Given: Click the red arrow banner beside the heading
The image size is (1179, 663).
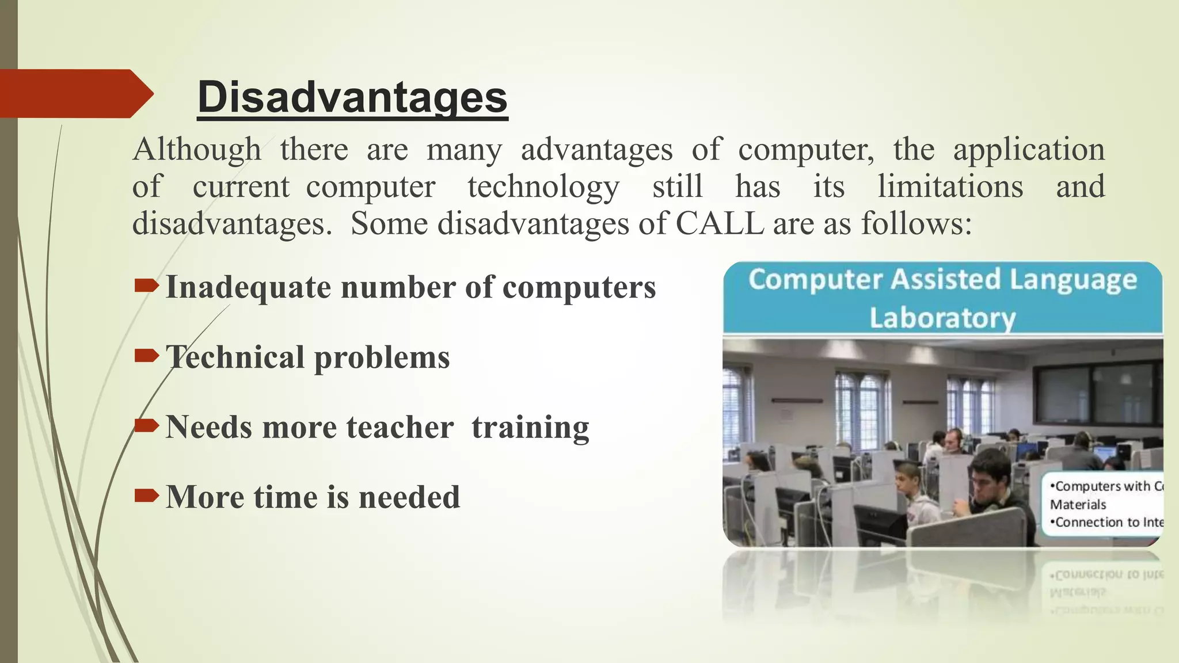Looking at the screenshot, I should point(75,94).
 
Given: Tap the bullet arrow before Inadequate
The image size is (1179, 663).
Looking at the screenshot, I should point(146,285).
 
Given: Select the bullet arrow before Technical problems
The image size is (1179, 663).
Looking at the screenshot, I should point(146,356).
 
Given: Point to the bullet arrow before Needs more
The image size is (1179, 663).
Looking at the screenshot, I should point(146,425).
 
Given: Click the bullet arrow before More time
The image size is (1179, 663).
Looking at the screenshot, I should point(146,495).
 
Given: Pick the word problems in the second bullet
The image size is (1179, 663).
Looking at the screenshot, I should point(382,358).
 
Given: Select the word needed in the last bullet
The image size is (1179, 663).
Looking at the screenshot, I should point(409,497).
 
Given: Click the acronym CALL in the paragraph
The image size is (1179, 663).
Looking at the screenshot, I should point(719,223).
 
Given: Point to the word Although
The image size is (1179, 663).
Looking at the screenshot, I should point(197,150).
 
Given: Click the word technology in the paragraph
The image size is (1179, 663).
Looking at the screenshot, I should point(543,187).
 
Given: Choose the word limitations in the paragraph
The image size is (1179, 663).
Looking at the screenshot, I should point(950,187).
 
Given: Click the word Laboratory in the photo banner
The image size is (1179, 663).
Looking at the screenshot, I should point(942,318).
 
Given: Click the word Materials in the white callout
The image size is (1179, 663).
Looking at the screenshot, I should point(1078,505).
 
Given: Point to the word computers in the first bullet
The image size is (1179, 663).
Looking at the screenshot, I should point(579,288).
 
